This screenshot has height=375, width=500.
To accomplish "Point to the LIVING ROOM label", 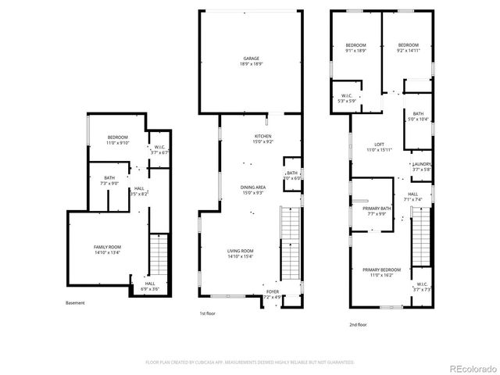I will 240,253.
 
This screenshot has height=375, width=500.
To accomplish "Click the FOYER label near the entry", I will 271,295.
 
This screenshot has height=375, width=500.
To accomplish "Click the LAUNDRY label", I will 421,166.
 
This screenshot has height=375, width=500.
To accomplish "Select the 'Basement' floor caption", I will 76,303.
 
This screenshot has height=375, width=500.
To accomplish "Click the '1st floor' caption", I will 208,313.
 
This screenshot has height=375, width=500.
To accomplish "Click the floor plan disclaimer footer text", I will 250,362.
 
